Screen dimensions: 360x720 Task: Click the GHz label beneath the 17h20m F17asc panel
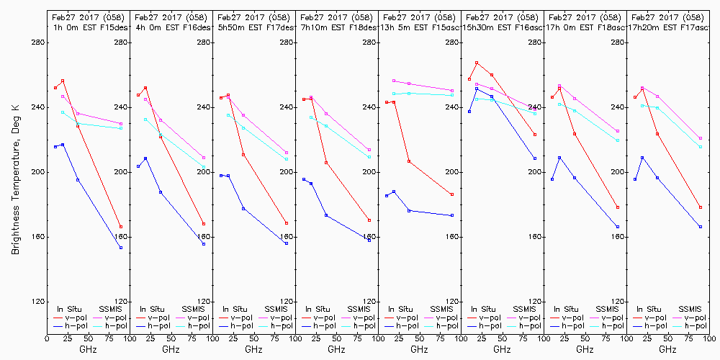pyautogui.click(x=667, y=349)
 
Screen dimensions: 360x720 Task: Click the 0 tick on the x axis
pyautogui.click(x=47, y=337)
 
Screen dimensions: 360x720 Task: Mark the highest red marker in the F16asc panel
pyautogui.click(x=477, y=63)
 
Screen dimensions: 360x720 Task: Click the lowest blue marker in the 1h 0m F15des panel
pyautogui.click(x=121, y=248)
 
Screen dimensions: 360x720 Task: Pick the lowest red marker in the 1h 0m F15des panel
pyautogui.click(x=121, y=227)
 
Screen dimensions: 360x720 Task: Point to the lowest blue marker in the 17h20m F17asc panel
pyautogui.click(x=701, y=227)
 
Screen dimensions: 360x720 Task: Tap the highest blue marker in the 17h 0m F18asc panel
pyautogui.click(x=559, y=158)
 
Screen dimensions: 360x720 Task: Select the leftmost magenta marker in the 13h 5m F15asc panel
pyautogui.click(x=394, y=81)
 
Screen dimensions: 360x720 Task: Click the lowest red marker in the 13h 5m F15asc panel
pyautogui.click(x=452, y=194)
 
